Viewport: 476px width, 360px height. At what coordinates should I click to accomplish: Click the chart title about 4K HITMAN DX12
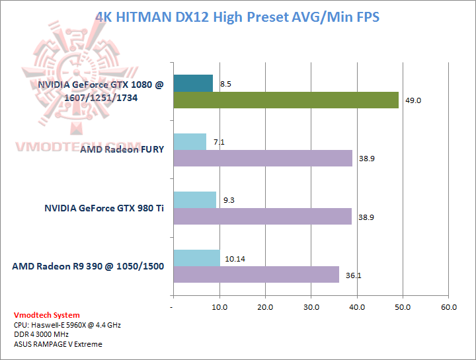237,17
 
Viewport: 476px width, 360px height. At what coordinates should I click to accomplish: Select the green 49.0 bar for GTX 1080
286,100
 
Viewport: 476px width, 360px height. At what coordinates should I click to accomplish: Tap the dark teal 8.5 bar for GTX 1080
192,83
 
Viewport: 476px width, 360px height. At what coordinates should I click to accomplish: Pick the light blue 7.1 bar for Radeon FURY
189,141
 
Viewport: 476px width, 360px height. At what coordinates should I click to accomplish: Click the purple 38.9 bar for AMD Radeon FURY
262,158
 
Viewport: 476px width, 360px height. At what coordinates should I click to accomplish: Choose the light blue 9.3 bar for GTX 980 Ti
194,199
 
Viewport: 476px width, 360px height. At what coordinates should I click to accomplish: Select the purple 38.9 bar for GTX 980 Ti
262,216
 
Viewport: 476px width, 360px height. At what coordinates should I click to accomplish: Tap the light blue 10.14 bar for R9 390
196,258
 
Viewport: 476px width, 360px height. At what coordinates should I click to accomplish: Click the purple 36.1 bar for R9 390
256,274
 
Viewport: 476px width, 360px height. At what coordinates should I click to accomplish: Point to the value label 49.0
413,100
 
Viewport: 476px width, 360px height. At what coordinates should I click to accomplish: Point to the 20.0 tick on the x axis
265,307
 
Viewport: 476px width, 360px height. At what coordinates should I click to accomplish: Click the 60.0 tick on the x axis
449,307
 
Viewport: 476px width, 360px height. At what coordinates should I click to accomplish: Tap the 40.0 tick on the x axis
357,307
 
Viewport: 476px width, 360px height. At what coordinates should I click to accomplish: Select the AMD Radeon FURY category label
122,149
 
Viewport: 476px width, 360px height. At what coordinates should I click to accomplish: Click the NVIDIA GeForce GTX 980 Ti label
104,207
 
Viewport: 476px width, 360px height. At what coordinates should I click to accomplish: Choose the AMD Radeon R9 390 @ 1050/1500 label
88,266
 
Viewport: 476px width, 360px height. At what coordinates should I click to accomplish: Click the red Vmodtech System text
47,315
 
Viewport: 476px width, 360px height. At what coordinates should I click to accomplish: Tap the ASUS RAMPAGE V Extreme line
58,344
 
